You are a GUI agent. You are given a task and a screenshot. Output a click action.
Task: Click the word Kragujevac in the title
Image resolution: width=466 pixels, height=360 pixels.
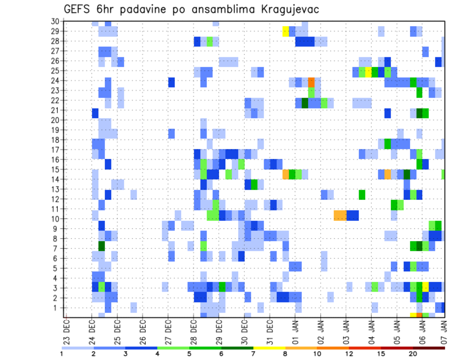pos(286,9)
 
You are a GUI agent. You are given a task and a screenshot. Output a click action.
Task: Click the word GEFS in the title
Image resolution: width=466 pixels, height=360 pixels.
pos(77,9)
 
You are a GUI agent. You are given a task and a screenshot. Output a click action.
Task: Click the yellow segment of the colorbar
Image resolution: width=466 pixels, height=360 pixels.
pos(269,347)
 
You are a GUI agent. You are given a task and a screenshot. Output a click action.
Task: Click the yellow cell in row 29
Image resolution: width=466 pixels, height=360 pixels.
pos(286,31)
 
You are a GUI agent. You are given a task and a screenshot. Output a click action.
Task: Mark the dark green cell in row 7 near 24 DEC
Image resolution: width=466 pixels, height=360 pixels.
pos(102,245)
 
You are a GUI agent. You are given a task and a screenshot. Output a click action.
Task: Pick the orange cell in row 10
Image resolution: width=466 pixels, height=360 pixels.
pos(340,215)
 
